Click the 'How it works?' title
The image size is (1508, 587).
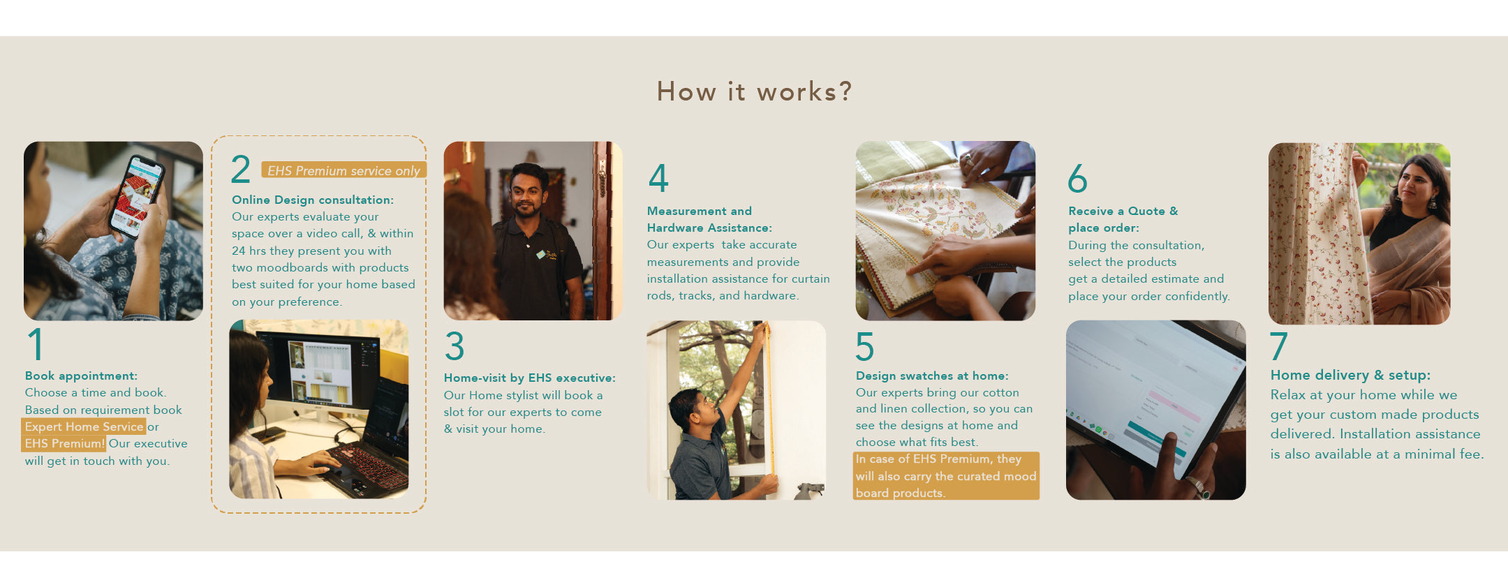754,91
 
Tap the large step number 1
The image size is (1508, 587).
36,344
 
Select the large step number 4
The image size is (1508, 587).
658,178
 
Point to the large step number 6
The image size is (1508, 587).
1077,178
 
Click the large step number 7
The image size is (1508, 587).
1278,345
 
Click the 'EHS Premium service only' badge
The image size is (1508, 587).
343,170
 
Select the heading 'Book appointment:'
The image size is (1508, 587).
81,376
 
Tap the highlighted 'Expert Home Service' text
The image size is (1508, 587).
84,426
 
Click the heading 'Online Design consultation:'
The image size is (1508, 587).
313,200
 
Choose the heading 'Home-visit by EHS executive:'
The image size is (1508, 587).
530,378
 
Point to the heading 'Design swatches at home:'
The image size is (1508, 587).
932,376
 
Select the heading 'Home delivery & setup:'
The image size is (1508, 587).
1350,375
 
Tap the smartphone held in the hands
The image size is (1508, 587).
137,196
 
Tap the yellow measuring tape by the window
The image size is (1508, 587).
771,401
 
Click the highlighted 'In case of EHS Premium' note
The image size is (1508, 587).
946,476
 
